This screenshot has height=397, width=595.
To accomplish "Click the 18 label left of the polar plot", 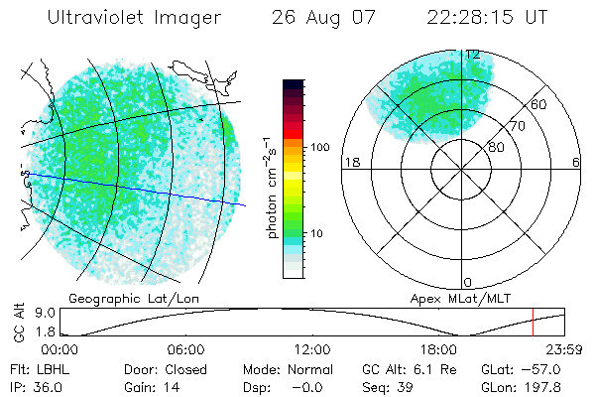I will pos(350,163).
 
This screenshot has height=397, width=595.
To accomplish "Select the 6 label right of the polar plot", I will pos(576,163).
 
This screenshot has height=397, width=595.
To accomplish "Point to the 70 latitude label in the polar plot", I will pos(518,126).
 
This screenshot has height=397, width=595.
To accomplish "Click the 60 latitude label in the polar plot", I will pos(538,104).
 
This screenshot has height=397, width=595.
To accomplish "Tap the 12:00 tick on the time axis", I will pos(312,349).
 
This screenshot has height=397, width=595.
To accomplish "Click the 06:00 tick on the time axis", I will pos(185,349).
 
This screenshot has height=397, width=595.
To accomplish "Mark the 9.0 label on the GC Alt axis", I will pos(30,312).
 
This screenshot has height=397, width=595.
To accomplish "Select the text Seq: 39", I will pos(384,387).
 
